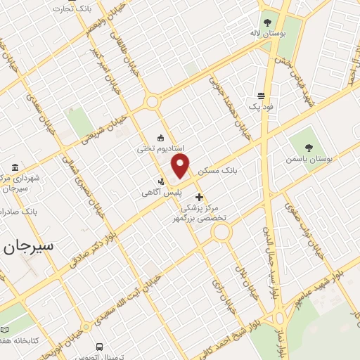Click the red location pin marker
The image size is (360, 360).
point(181,167)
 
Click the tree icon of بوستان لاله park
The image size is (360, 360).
point(266,22)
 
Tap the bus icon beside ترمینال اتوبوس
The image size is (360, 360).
point(100,347)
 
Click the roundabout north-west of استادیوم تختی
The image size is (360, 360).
point(152,103)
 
